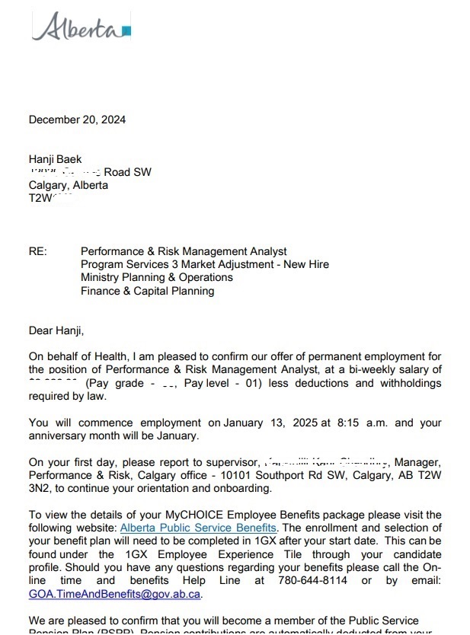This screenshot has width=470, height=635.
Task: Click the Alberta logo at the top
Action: click(81, 28)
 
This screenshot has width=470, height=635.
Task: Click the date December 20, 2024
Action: click(77, 120)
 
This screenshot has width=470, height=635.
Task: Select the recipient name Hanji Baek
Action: click(55, 159)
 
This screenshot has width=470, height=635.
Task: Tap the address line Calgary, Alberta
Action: click(69, 185)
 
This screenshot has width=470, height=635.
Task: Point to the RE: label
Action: click(38, 251)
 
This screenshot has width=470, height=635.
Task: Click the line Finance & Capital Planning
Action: click(148, 290)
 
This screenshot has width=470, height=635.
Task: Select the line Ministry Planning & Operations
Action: click(157, 277)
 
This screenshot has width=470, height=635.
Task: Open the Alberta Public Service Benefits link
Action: click(199, 527)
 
